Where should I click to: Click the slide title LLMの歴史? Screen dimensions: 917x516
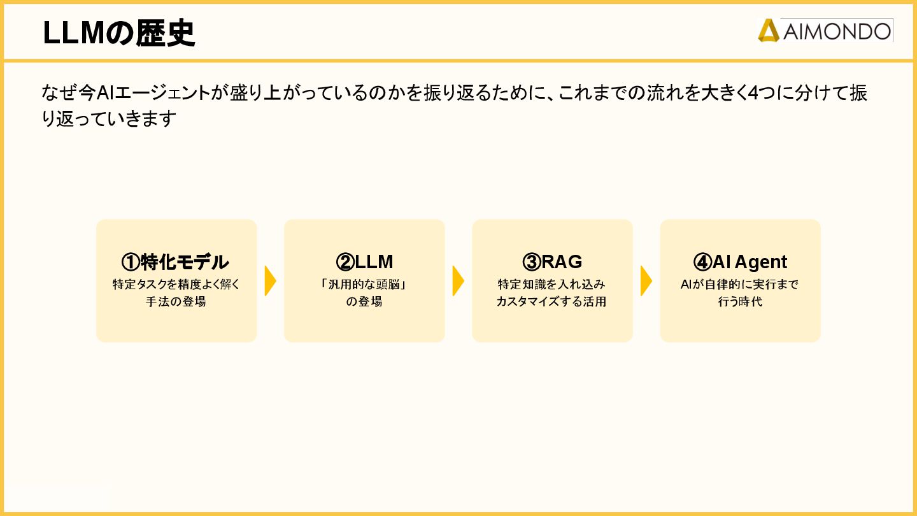click(118, 34)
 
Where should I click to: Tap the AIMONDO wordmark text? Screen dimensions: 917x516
click(836, 31)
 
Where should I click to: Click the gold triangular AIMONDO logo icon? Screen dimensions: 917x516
click(769, 31)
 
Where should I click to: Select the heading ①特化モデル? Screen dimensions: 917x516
click(175, 262)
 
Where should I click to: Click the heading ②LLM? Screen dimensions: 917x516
click(364, 262)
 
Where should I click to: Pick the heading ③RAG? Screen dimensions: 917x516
click(552, 262)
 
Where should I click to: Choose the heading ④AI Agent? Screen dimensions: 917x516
click(740, 262)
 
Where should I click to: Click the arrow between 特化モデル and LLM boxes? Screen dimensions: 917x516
click(270, 281)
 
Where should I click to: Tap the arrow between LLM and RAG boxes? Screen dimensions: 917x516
click(458, 281)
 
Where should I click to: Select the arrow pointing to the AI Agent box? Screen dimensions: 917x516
click(646, 281)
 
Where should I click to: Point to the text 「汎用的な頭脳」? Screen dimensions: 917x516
click(364, 285)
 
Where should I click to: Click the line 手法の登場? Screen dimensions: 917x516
click(176, 302)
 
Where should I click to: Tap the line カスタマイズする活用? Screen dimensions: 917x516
click(551, 302)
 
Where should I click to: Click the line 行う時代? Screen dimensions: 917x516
click(740, 302)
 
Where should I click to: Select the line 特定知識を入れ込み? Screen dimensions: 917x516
click(551, 285)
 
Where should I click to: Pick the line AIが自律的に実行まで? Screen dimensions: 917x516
click(740, 285)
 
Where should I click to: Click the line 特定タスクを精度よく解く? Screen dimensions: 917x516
click(176, 285)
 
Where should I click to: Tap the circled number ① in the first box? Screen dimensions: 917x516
click(131, 262)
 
